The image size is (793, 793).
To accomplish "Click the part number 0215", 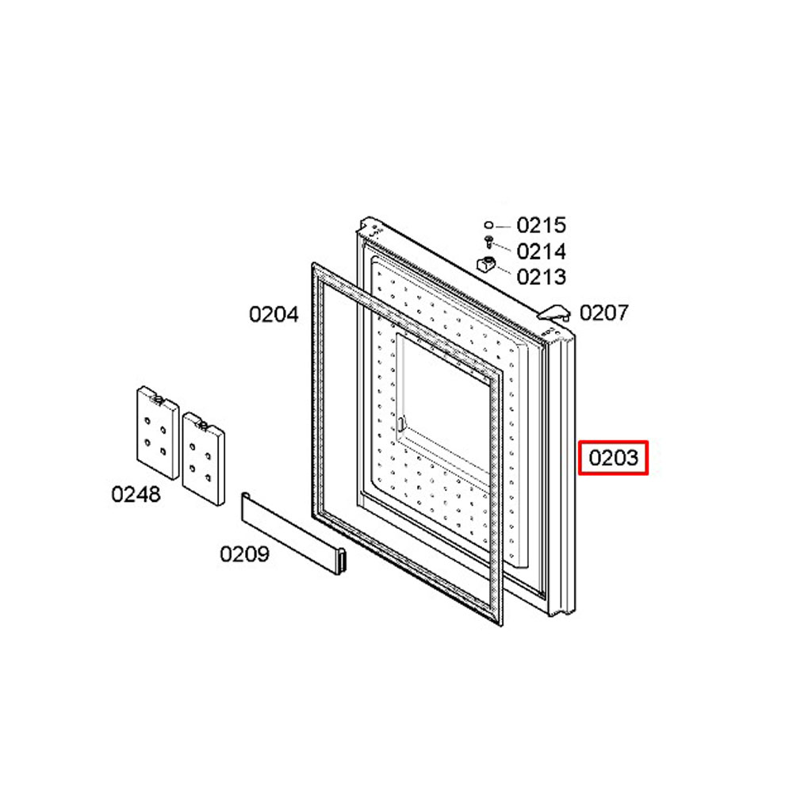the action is pos(541,225).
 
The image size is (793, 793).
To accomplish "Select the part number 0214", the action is pos(541,251).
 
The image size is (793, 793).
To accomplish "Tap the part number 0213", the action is pos(541,277).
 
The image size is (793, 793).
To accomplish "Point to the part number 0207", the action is pos(603,312).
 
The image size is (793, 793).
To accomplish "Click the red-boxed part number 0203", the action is pos(614,458).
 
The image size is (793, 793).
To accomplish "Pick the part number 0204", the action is pos(274,315).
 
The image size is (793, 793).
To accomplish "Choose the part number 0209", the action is pos(244,554).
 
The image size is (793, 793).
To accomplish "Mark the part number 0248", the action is pos(136,494).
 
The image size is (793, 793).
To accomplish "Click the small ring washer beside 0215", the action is pos(488,224).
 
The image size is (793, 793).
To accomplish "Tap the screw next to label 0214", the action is pos(488,242).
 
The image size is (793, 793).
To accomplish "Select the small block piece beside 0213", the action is pos(486,263).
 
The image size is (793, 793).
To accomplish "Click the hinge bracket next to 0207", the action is pos(554,312).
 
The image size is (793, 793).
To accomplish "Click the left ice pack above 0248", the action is pos(158,433).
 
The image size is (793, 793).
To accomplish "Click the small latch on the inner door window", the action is pos(401,423).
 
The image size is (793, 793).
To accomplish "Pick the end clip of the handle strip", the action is pos(343,561).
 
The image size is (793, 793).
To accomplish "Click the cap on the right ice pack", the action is pos(203,425).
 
